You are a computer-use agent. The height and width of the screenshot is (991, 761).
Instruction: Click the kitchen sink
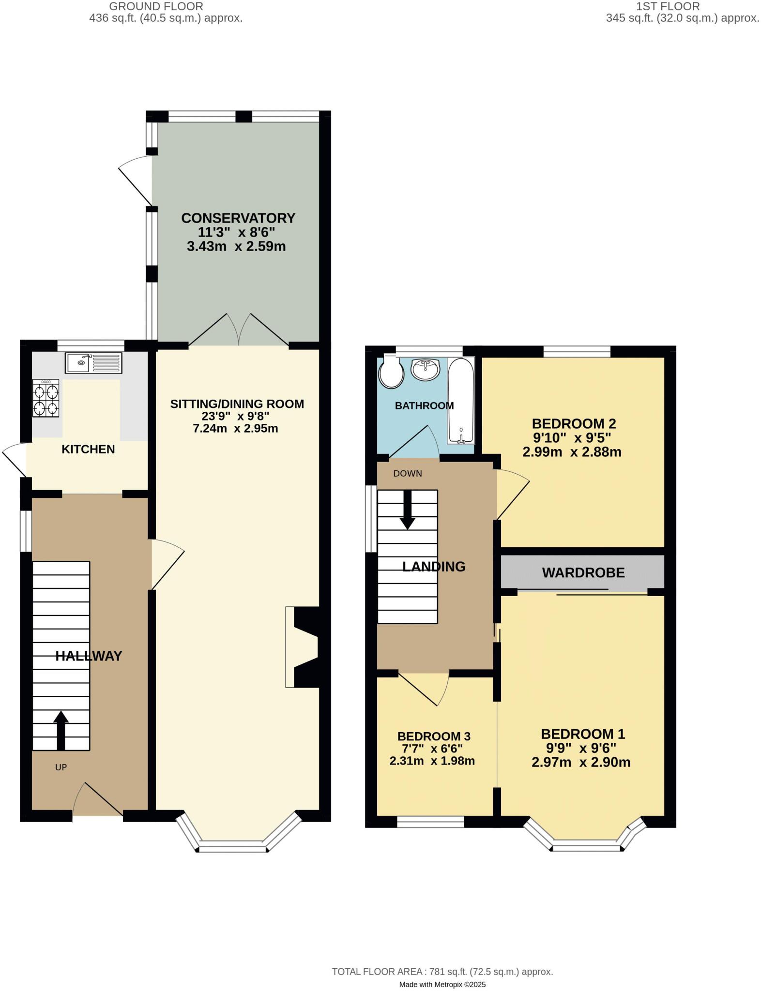point(94,363)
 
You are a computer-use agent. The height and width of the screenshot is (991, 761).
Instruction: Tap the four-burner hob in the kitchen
point(46,398)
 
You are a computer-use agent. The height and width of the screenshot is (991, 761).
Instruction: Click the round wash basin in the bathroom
point(426,369)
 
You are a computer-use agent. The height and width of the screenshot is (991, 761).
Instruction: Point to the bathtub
point(461,401)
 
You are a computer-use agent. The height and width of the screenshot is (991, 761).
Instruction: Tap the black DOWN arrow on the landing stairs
point(407,510)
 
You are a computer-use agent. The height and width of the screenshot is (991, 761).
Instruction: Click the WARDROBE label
point(583,573)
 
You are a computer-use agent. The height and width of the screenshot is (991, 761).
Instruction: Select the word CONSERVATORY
point(238,218)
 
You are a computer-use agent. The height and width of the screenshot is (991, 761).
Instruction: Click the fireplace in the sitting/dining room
point(303,647)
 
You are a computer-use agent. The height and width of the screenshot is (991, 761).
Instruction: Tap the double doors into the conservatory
point(239,331)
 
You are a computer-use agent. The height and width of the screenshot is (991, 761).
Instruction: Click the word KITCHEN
point(88,450)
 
